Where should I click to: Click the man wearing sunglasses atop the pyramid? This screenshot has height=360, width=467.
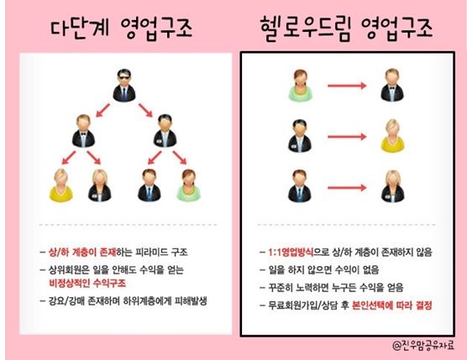pyautogui.click(x=124, y=86)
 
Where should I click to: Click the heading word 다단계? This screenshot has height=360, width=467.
pyautogui.click(x=80, y=28)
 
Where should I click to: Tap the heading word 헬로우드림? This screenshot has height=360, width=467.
pyautogui.click(x=306, y=29)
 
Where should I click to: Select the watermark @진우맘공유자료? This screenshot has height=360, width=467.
pyautogui.click(x=423, y=345)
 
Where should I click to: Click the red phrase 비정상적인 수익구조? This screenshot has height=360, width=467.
pyautogui.click(x=87, y=283)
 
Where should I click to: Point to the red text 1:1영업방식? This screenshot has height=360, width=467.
pyautogui.click(x=291, y=253)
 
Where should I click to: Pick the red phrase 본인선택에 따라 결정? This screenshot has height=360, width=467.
pyautogui.click(x=391, y=305)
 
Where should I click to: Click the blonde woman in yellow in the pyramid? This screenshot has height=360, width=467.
pyautogui.click(x=60, y=185)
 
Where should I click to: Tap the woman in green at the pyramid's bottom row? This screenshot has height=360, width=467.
pyautogui.click(x=188, y=185)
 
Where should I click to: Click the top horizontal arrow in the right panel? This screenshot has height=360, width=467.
pyautogui.click(x=347, y=86)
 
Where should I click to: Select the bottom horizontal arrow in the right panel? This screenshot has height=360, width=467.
pyautogui.click(x=347, y=188)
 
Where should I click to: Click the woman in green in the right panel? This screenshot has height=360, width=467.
pyautogui.click(x=300, y=86)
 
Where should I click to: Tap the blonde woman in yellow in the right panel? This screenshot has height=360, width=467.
pyautogui.click(x=392, y=136)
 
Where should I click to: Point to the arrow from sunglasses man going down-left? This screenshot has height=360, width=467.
pyautogui.click(x=102, y=110)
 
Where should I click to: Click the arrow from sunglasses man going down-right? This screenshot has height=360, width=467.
pyautogui.click(x=145, y=110)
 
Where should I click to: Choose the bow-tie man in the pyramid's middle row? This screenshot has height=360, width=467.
pyautogui.click(x=83, y=131)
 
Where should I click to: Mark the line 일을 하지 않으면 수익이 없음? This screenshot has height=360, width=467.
pyautogui.click(x=323, y=270)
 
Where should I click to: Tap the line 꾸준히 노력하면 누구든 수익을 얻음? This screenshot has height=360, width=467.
pyautogui.click(x=336, y=287)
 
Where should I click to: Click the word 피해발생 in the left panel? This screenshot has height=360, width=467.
pyautogui.click(x=191, y=300)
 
